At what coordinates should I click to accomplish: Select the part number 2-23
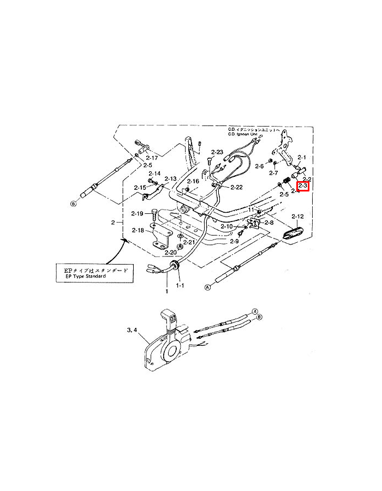[217, 152]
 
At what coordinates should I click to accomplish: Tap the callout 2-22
[236, 187]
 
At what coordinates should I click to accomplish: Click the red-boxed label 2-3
[303, 186]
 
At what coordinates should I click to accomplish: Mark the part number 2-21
[189, 242]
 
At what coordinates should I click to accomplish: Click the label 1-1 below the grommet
[180, 285]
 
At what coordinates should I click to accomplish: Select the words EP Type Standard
[82, 277]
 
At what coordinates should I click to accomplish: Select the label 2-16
[193, 181]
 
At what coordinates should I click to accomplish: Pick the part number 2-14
[154, 173]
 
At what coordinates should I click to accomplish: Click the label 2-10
[226, 226]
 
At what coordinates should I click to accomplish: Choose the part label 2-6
[259, 166]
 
